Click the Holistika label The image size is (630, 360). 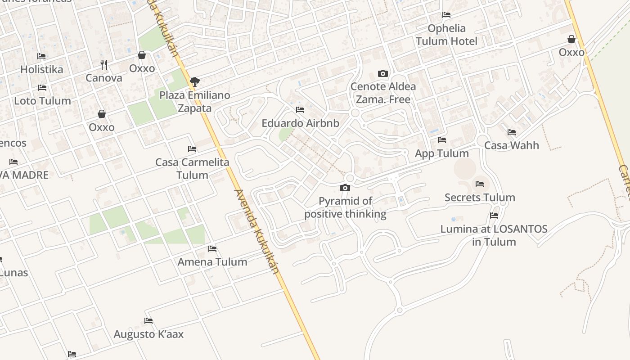[x=42, y=69]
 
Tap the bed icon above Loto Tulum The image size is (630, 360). [x=42, y=88]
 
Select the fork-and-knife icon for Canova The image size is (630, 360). [x=104, y=65]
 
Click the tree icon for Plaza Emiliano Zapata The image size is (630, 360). [x=195, y=82]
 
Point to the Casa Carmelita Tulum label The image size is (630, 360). [x=192, y=168]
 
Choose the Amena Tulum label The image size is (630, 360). [x=212, y=262]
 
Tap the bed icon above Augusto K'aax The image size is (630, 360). [x=148, y=321]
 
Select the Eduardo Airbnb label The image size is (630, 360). [x=300, y=123]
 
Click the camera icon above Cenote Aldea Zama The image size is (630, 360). [x=383, y=73]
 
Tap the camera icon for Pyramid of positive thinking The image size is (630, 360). [x=345, y=188]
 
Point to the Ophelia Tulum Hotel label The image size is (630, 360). [x=446, y=35]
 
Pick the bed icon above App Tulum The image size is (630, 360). [x=442, y=140]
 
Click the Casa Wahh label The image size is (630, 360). [x=512, y=145]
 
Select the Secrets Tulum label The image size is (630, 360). [x=480, y=197]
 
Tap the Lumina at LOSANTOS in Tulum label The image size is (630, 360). [x=494, y=235]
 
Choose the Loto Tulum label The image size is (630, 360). [x=42, y=101]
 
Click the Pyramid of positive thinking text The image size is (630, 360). [x=345, y=207]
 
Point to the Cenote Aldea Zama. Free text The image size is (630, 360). [x=383, y=93]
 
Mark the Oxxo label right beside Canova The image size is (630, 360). [x=142, y=68]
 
